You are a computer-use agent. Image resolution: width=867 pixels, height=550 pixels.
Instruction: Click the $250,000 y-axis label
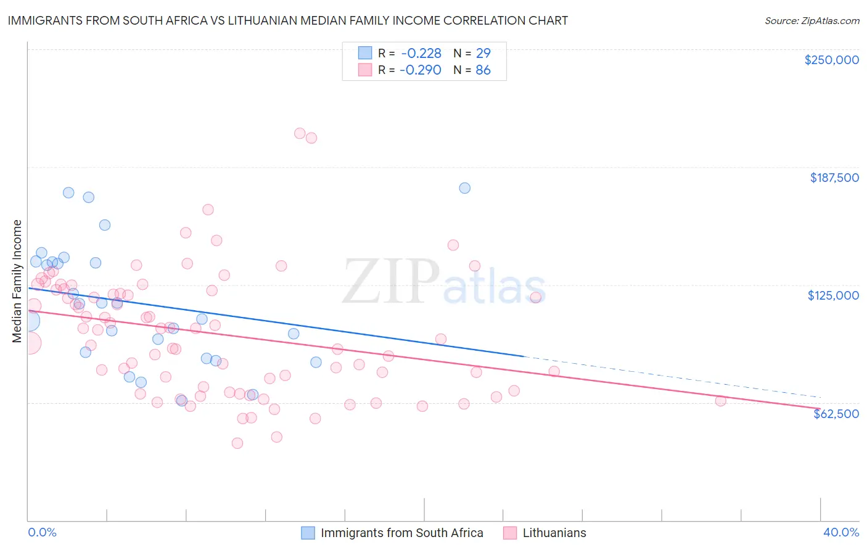click(831, 60)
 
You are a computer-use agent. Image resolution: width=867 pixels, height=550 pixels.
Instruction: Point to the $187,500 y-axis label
click(834, 178)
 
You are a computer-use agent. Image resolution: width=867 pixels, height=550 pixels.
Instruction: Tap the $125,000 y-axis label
click(833, 295)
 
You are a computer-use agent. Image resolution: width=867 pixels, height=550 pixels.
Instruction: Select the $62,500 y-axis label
click(836, 414)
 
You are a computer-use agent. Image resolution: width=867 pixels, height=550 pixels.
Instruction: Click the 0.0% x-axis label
click(42, 532)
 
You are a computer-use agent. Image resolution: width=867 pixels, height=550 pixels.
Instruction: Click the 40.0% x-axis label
click(840, 532)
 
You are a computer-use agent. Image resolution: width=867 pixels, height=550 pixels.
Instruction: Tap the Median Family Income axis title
click(17, 281)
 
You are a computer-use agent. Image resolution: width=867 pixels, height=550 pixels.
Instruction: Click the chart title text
click(288, 20)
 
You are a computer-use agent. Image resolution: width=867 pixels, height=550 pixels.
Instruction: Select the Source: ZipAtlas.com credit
click(812, 21)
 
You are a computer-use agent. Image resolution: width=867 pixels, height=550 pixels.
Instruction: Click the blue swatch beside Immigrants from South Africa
click(308, 533)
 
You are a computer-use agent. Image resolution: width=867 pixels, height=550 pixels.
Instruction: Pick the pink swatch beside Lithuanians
click(510, 533)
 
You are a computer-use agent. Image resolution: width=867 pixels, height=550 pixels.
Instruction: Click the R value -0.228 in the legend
click(421, 54)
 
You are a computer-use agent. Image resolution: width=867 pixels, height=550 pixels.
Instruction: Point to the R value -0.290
click(421, 70)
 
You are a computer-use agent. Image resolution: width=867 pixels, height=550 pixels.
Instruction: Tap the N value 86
click(483, 70)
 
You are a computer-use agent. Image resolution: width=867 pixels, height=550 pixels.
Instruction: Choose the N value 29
click(483, 54)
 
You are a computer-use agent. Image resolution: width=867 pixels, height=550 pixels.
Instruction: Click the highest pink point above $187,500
click(300, 133)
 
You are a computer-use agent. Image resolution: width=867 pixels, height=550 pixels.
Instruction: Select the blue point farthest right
click(464, 188)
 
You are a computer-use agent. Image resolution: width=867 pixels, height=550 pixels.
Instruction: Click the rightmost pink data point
click(720, 401)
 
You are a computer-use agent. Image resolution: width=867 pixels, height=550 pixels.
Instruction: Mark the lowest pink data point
click(237, 443)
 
